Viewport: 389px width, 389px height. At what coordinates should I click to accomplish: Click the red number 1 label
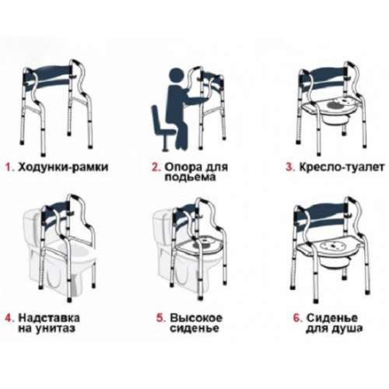coord(9,167)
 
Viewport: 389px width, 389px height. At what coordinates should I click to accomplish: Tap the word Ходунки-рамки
coord(63,167)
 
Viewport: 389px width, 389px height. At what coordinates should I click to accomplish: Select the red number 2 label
coord(156,167)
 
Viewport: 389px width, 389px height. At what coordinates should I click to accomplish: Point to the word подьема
coord(191,177)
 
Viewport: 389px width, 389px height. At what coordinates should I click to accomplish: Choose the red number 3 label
coord(290,167)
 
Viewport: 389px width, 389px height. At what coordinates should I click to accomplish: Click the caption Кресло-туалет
coord(342,167)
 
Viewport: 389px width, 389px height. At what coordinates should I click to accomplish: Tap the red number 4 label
coord(9,318)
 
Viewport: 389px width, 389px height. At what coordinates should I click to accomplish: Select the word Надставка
coord(49,318)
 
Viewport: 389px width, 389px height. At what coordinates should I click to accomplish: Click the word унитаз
coord(54,328)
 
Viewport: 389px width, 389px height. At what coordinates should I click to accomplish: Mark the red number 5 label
coord(161,318)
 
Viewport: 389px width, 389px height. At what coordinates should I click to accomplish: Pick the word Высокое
coord(196,318)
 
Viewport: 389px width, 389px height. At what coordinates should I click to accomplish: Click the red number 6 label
coord(298,318)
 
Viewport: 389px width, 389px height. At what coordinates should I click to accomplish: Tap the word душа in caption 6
coord(346,329)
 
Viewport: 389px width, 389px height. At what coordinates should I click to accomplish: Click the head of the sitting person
coord(177,76)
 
